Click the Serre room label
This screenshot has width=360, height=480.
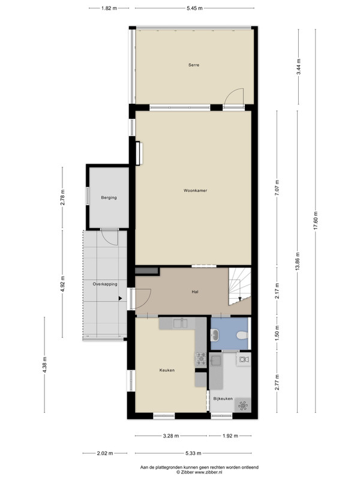194,65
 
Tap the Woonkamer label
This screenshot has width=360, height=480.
196,190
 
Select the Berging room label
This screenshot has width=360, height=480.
109,198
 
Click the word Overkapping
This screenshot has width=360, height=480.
105,284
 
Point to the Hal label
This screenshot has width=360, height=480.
195,292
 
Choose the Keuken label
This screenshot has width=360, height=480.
167,370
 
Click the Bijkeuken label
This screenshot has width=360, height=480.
223,398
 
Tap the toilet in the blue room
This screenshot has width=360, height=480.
242,335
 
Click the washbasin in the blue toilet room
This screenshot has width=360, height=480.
214,335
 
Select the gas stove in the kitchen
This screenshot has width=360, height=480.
201,358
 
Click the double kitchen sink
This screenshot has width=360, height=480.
181,323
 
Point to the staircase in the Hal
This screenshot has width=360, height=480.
239,286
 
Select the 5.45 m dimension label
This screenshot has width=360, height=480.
194,8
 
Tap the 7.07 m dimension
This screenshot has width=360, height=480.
277,188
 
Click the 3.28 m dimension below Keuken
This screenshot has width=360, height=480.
171,436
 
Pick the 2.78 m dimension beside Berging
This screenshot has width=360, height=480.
63,198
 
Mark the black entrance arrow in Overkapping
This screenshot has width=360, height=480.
121,298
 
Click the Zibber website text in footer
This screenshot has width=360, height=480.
199,472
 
